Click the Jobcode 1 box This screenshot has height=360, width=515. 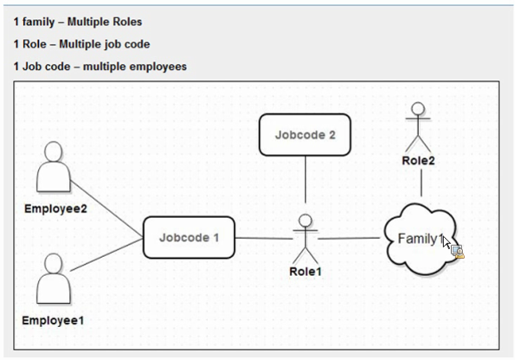point(189,237)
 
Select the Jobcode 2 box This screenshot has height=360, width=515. point(305,135)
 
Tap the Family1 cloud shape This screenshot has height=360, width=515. point(421,239)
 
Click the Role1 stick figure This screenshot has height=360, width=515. point(306,239)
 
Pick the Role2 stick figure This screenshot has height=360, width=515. point(418,127)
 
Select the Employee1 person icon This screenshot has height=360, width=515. point(54,279)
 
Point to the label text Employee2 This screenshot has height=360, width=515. point(55,209)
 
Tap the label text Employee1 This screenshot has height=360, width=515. point(53,320)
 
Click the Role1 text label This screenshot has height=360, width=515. point(306,272)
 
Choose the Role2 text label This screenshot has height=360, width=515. point(418,161)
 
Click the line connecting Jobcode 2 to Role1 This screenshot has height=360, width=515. point(306,179)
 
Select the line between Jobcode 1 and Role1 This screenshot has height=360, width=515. point(264,238)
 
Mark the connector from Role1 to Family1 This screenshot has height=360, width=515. point(349,238)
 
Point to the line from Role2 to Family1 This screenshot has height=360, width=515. point(422,183)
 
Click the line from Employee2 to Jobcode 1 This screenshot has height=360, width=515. point(106,209)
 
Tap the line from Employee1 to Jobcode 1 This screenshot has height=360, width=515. point(106,254)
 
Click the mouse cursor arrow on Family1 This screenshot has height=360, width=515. point(447,242)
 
